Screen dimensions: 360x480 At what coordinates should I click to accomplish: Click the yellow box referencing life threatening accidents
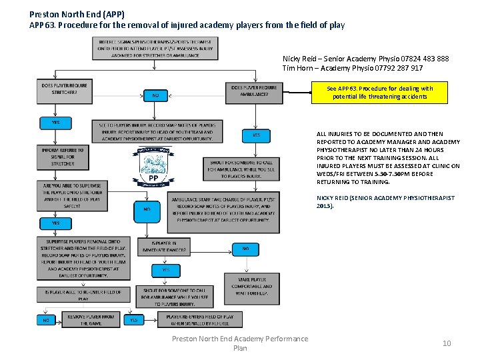(380, 93)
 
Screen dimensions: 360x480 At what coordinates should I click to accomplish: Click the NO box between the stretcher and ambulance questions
(155, 95)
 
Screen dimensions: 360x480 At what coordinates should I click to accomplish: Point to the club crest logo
(153, 166)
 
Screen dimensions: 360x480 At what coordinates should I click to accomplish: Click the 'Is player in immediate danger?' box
(165, 247)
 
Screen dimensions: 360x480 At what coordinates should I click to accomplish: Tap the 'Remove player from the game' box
(90, 320)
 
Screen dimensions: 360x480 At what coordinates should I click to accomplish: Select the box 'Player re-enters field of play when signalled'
(201, 320)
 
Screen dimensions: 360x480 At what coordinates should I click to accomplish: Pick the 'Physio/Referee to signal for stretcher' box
(63, 157)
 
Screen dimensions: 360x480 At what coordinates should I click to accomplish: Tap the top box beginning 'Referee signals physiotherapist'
(147, 49)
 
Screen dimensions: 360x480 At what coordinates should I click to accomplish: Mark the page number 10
(447, 343)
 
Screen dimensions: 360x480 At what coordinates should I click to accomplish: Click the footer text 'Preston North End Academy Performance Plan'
(240, 343)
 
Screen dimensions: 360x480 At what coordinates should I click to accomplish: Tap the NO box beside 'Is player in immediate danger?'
(246, 248)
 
